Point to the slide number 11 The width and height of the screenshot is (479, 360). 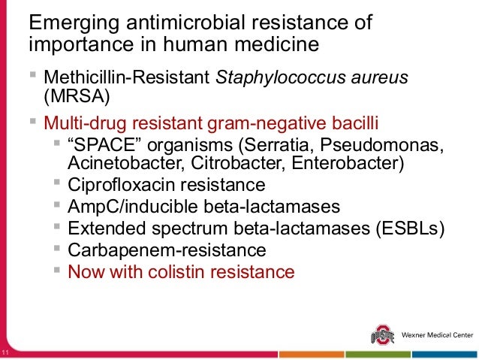(x=6, y=354)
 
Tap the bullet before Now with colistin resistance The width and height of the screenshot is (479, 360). (x=58, y=269)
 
